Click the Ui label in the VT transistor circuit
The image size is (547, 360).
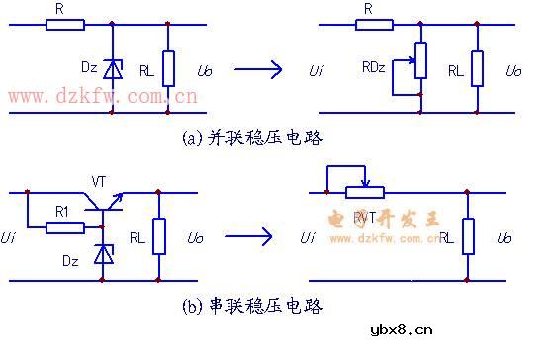pyautogui.click(x=9, y=237)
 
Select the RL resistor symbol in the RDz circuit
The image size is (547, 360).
pyautogui.click(x=478, y=68)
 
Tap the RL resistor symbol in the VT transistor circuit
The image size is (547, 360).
pyautogui.click(x=158, y=236)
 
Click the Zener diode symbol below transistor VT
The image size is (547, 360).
pyautogui.click(x=100, y=255)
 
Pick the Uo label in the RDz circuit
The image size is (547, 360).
pyautogui.click(x=513, y=71)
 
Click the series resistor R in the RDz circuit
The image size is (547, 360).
pyautogui.click(x=368, y=25)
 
